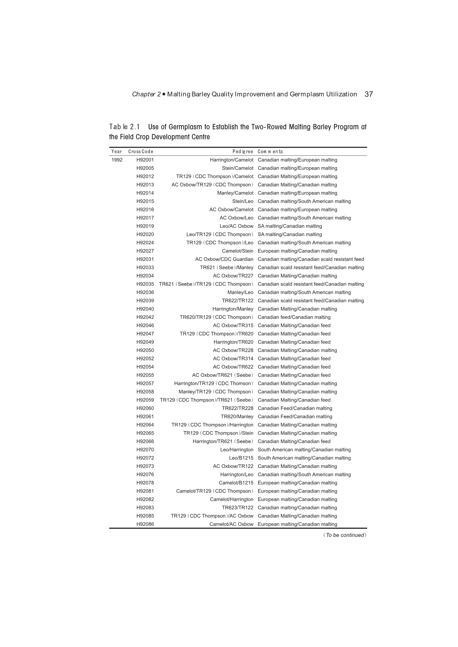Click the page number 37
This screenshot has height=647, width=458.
pyautogui.click(x=369, y=94)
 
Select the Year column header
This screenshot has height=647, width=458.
pyautogui.click(x=117, y=152)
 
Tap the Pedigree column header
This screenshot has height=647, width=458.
pyautogui.click(x=243, y=152)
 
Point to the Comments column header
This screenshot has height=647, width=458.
pyautogui.click(x=270, y=152)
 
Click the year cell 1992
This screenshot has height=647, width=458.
pyautogui.click(x=117, y=160)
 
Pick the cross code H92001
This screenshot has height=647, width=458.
pyautogui.click(x=145, y=160)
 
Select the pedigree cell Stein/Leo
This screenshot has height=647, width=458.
pyautogui.click(x=243, y=201)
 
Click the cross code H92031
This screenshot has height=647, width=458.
pyautogui.click(x=145, y=259)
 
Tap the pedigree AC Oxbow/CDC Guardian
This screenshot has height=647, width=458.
pyautogui.click(x=224, y=259)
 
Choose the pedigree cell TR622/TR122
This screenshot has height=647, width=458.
pyautogui.click(x=237, y=301)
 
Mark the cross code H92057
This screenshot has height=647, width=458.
pyautogui.click(x=145, y=384)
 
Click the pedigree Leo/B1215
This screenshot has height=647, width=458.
pyautogui.click(x=241, y=458)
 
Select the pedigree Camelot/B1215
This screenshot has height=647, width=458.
pyautogui.click(x=236, y=483)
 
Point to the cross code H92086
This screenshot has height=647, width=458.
pyautogui.click(x=145, y=524)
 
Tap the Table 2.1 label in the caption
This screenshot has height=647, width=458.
pyautogui.click(x=124, y=127)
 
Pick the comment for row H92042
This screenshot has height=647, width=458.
pyautogui.click(x=294, y=317)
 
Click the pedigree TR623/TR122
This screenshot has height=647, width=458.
pyautogui.click(x=237, y=508)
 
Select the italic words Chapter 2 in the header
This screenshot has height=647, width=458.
pyautogui.click(x=146, y=94)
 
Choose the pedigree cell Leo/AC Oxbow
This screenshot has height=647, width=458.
pyautogui.click(x=236, y=226)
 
